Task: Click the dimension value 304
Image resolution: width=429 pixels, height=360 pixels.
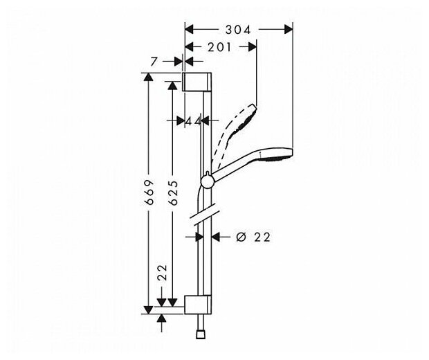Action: click(x=238, y=29)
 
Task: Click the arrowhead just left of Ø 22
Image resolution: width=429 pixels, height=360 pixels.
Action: click(x=215, y=237)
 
